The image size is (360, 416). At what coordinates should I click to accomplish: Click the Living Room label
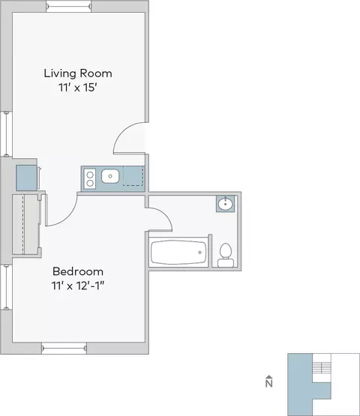[78, 73]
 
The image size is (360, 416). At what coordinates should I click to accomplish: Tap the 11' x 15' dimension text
[77, 88]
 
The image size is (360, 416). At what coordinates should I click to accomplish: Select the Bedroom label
[78, 271]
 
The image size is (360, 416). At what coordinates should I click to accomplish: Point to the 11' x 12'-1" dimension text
[78, 286]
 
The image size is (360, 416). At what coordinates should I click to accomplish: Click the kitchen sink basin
[110, 176]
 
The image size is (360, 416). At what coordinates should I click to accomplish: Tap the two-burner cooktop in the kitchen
[90, 179]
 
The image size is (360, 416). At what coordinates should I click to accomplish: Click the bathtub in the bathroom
[178, 253]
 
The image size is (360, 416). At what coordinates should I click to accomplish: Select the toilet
[226, 256]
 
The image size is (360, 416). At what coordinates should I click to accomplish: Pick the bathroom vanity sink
[226, 204]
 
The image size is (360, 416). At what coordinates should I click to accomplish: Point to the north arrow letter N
[269, 384]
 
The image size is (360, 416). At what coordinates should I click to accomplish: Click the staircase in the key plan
[322, 367]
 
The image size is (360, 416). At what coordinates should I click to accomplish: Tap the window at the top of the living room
[69, 6]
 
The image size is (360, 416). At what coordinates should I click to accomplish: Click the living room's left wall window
[6, 134]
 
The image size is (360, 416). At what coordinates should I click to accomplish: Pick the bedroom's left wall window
[6, 287]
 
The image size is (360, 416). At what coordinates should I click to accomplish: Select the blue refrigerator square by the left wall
[26, 178]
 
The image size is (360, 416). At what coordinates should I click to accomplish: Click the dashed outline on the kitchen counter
[133, 176]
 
